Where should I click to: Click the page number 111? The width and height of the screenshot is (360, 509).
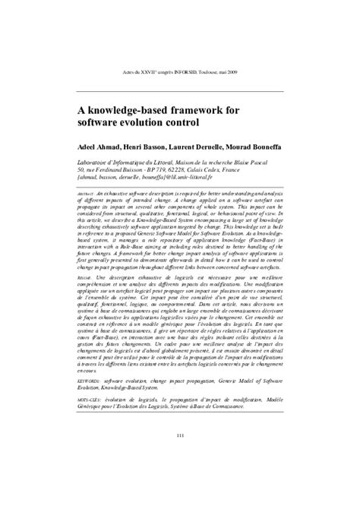[180, 456]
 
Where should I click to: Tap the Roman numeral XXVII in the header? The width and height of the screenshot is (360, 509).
[150, 74]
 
